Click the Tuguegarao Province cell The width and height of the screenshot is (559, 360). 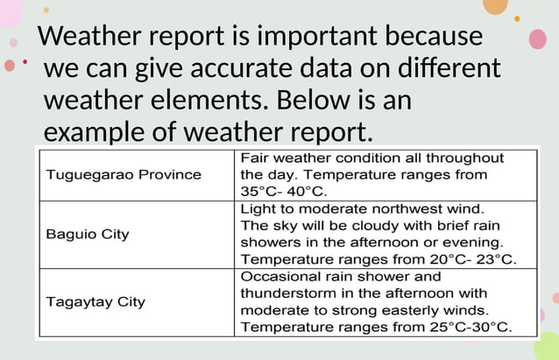coord(123,174)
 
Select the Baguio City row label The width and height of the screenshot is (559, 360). coord(87,234)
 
